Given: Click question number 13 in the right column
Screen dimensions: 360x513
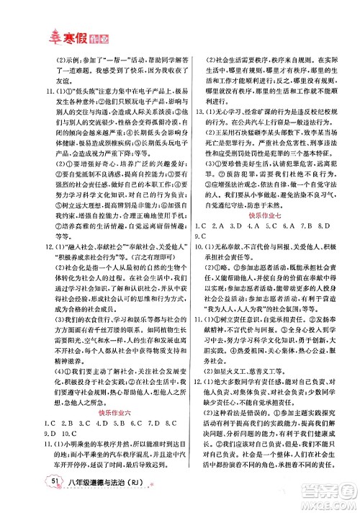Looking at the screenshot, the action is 200,114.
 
